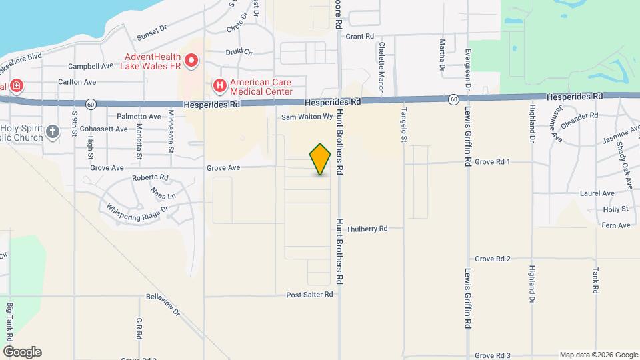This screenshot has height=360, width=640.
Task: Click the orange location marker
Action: click(x=321, y=159)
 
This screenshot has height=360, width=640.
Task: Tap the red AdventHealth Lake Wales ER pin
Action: click(x=192, y=61)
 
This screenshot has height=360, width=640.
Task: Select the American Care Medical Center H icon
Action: click(x=218, y=86)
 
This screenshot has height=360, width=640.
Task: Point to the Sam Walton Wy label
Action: click(x=307, y=117)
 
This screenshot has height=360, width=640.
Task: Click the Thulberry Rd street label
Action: click(x=367, y=228)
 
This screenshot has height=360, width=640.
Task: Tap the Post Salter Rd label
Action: click(x=309, y=294)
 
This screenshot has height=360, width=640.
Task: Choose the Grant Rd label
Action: click(x=360, y=36)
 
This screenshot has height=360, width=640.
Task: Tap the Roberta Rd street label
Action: click(x=150, y=177)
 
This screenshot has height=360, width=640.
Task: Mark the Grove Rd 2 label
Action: click(x=493, y=259)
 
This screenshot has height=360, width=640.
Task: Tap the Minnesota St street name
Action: click(x=171, y=131)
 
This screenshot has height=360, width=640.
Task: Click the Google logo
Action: click(x=22, y=352)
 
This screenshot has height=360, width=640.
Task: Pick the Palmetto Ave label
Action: click(x=139, y=117)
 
